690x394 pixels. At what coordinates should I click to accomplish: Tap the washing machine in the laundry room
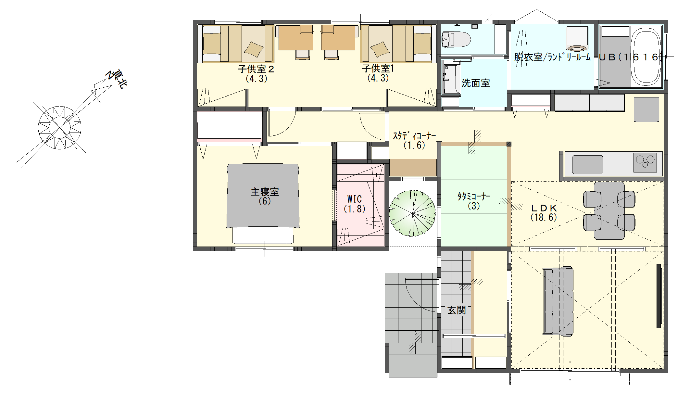click(x=577, y=39)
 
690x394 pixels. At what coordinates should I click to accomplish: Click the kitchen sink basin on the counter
click(x=587, y=164)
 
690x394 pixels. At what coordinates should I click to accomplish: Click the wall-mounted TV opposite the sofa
click(x=659, y=296)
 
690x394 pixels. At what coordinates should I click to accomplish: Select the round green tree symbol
click(x=412, y=213)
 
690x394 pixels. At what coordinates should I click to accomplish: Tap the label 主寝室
click(x=265, y=192)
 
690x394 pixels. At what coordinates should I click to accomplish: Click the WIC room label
click(x=354, y=199)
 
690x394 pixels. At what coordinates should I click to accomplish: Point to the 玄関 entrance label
click(x=457, y=310)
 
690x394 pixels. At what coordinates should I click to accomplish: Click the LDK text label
click(x=544, y=208)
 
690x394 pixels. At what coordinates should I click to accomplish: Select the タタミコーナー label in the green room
click(x=474, y=196)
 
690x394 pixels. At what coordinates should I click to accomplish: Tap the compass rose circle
click(x=59, y=128)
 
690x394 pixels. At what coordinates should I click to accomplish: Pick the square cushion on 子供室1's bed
click(x=380, y=50)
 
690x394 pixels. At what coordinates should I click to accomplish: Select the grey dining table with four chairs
click(x=609, y=210)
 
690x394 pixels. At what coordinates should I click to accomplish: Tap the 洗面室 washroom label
click(x=476, y=83)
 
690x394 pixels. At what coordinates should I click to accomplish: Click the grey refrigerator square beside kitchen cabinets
click(x=646, y=109)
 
